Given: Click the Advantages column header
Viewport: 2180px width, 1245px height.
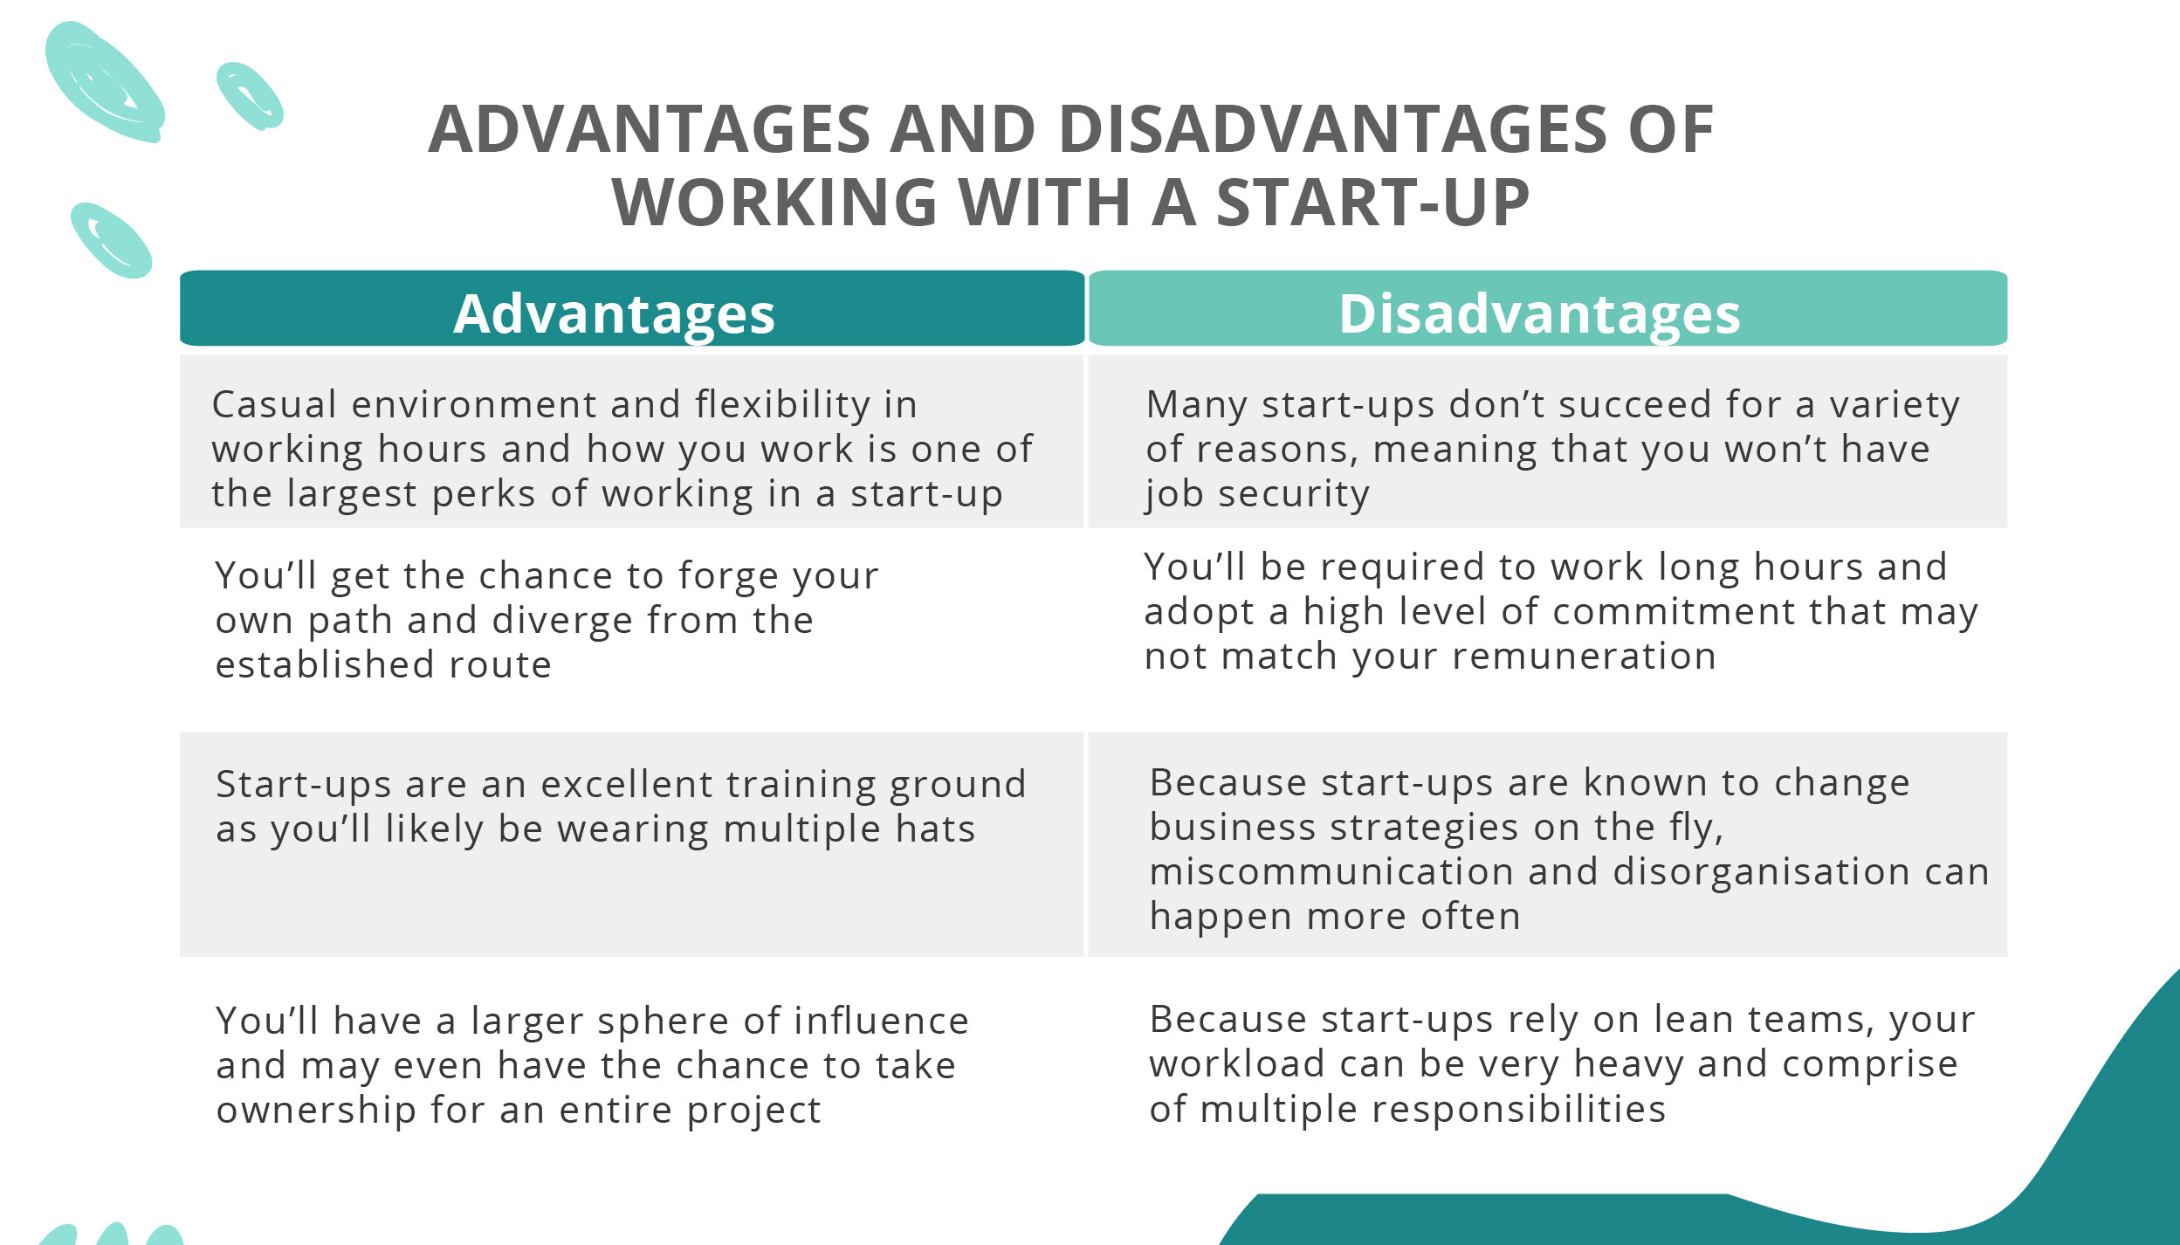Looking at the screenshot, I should [614, 313].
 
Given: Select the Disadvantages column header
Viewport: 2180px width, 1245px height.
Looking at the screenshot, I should [1539, 313].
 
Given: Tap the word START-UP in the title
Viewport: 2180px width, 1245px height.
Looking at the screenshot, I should [1372, 203].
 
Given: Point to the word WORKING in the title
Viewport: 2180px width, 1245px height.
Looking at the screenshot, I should [774, 203].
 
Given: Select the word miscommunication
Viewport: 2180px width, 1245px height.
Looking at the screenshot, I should [1331, 872].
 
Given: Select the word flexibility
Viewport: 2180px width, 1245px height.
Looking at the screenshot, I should [782, 405].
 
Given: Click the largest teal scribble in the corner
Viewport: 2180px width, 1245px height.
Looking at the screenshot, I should [105, 83].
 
